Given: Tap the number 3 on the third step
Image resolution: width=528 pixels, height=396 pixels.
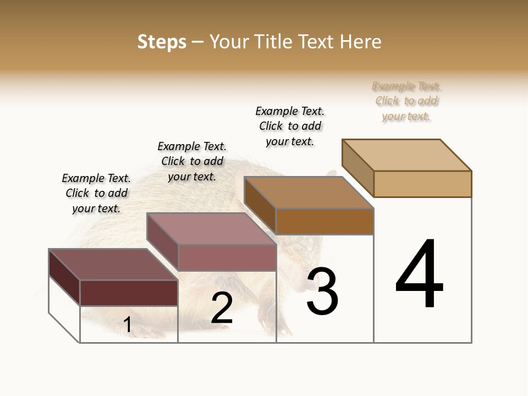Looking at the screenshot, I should point(322,291).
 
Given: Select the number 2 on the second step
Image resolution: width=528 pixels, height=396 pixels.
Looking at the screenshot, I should point(222,308).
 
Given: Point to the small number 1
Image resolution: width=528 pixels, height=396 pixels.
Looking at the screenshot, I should point(128,324).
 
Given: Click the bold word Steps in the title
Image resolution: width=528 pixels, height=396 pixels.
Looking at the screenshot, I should point(162,42).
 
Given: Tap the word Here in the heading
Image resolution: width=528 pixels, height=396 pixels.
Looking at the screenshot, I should point(361,42).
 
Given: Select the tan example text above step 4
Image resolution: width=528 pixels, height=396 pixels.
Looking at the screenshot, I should point(406,101).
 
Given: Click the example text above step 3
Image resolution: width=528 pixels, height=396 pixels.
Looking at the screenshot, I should point(290,126).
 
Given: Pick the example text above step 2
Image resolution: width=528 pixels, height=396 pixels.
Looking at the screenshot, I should point(192,161).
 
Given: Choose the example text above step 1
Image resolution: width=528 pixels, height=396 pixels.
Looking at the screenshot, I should point(96,193).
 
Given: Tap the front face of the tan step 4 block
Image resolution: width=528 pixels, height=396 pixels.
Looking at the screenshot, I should point(422,184).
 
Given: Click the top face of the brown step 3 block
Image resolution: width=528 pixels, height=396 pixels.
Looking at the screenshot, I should point(309,193).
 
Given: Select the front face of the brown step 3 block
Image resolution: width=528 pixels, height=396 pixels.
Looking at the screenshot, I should point(324,221).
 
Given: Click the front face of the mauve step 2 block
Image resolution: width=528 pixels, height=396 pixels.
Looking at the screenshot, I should point(227,257).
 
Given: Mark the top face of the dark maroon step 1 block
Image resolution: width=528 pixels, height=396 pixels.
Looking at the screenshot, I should point(113,265).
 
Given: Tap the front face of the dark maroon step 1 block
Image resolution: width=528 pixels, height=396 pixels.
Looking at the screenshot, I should point(129,293).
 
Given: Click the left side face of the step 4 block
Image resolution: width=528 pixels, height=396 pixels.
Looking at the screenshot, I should point(358,168).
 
